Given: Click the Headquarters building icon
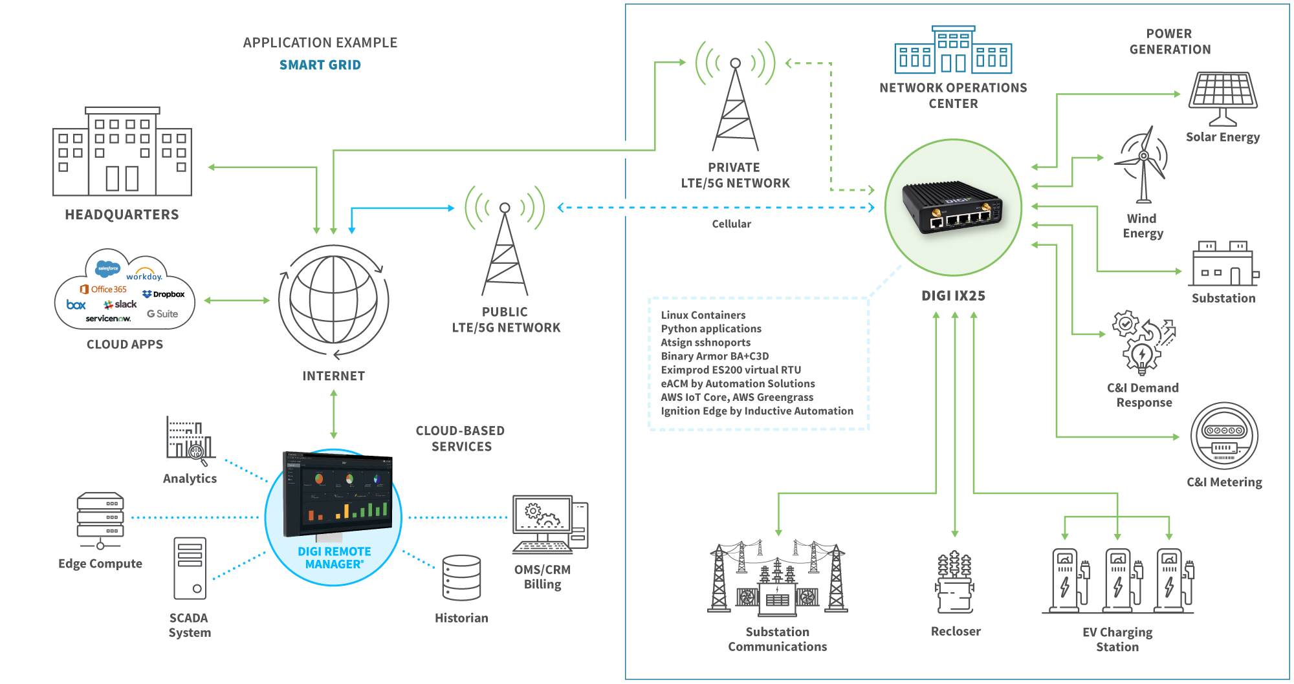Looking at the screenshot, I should pos(122,151).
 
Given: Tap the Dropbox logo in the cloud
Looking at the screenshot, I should pos(164,294).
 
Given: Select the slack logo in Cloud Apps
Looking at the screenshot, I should pos(120,304).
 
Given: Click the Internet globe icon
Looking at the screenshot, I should pos(333,300).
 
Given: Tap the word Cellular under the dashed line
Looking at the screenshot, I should pos(731,224).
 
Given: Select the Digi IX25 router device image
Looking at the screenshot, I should pos(953,207).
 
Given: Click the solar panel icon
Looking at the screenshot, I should pos(1222,98).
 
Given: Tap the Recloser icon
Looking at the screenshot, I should pos(955,582).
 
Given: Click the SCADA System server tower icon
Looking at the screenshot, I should pos(190,568).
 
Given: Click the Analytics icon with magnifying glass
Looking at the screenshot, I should pos(190,440).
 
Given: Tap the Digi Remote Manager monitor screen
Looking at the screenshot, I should pos(338,494).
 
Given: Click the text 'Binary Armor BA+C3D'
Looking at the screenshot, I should pos(714,356).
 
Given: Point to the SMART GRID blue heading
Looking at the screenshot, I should pos(320,65).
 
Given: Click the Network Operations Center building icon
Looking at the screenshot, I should pos(952,50).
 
